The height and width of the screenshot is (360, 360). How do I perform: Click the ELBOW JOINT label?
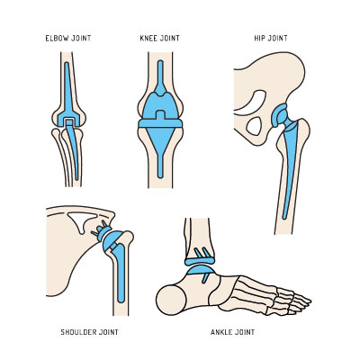pos(68,38)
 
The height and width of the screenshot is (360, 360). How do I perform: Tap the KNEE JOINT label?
pos(159,38)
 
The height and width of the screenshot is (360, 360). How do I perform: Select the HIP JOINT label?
pos(271,38)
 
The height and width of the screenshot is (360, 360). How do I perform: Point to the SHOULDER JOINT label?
pos(89,332)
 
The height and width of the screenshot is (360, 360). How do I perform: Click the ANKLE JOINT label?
pos(232,332)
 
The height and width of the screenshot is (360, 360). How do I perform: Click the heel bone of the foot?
pos(171,300)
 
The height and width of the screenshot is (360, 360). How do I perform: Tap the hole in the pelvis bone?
pos(254,126)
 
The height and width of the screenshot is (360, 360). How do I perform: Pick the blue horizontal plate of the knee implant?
pos(160,123)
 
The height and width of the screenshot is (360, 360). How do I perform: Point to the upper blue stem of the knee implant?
pos(160,78)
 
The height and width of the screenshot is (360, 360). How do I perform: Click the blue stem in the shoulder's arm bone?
pos(120,272)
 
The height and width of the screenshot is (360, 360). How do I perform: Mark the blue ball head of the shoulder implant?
pos(111,240)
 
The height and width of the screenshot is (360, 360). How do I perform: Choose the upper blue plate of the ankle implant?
pos(200,261)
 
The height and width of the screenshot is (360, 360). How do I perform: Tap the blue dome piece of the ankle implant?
pos(201,270)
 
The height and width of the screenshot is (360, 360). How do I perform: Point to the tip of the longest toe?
pos(310,300)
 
